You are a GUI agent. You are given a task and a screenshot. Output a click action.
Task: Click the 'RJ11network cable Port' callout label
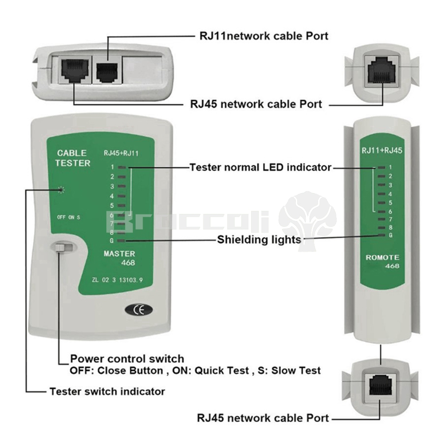pyautogui.click(x=264, y=35)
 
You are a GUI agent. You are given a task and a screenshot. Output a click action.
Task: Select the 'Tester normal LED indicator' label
pyautogui.click(x=260, y=167)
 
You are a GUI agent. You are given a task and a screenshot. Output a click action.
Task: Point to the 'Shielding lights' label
pyautogui.click(x=259, y=240)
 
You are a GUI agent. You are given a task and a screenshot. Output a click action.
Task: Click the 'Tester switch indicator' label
pyautogui.click(x=107, y=391)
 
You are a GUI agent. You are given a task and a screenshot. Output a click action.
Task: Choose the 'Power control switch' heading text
pyautogui.click(x=127, y=358)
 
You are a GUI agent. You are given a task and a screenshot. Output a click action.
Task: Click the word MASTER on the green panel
pyautogui.click(x=119, y=254)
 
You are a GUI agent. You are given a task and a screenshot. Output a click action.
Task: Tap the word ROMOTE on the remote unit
pyautogui.click(x=382, y=257)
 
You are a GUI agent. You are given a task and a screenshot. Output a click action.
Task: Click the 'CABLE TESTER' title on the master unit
pyautogui.click(x=73, y=158)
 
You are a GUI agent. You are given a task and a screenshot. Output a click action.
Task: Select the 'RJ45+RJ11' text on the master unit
pyautogui.click(x=121, y=154)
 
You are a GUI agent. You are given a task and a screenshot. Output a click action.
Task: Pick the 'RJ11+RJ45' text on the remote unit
pyautogui.click(x=382, y=151)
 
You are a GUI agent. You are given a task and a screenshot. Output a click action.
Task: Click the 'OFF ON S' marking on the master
pyautogui.click(x=68, y=217)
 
